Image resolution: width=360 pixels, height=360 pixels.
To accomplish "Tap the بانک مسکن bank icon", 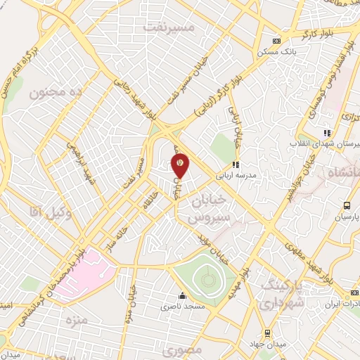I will [275, 40].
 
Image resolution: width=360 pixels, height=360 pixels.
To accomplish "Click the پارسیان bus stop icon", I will [347, 205].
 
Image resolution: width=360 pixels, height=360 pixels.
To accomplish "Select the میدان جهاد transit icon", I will [266, 333].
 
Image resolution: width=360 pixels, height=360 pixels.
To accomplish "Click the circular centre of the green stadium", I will [207, 281].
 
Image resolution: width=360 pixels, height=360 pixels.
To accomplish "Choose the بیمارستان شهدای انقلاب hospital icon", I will [326, 131].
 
